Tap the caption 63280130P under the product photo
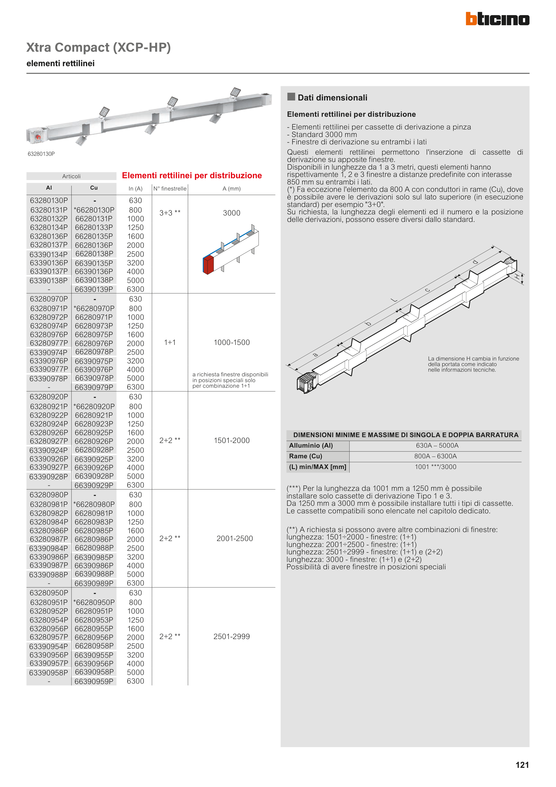(x=41, y=154)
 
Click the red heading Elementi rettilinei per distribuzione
(x=192, y=176)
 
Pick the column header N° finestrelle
(x=170, y=189)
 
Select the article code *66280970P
(x=94, y=308)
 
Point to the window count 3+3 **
(x=170, y=213)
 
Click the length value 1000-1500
(x=232, y=342)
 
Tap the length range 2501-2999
(x=232, y=637)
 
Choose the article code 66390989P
(x=94, y=583)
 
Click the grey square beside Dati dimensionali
(x=291, y=97)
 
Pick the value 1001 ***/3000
(x=435, y=467)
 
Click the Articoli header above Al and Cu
(x=71, y=176)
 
